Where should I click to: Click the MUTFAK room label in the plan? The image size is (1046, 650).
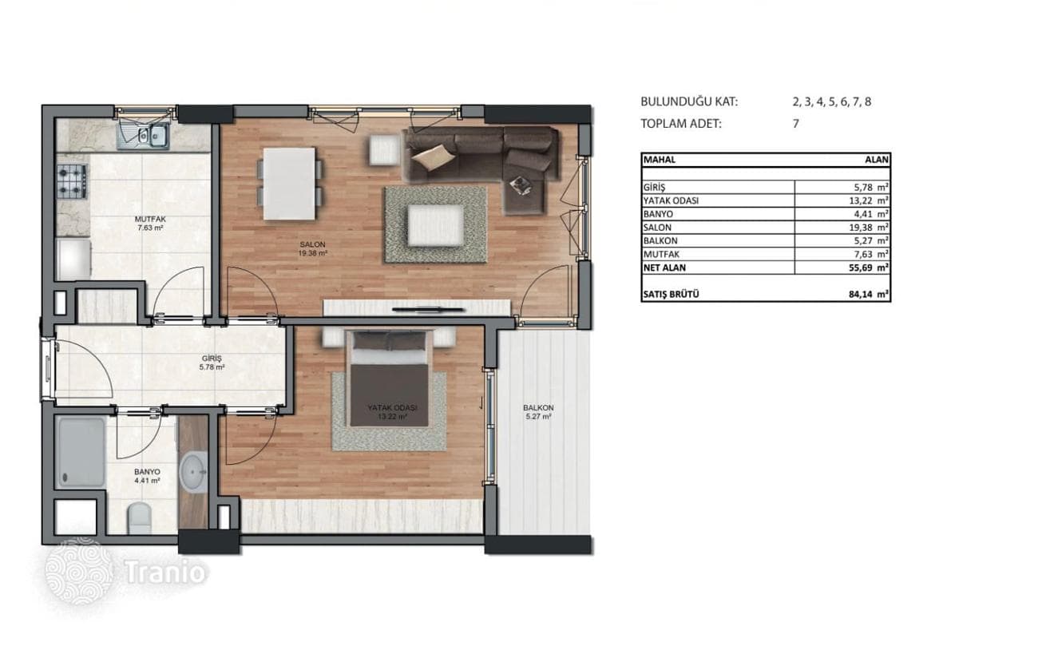coord(150,219)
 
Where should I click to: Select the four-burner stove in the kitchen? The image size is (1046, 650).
coord(72,181)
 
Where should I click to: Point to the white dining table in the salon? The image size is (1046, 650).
coord(289,184)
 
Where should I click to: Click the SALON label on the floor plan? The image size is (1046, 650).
coord(312,244)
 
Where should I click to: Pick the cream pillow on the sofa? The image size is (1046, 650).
coord(434,157)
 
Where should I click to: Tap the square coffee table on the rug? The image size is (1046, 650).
coord(436,225)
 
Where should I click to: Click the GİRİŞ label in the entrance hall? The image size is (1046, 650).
coord(212,359)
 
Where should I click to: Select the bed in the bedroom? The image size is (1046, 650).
coord(389,379)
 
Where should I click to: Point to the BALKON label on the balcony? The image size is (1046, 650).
coord(538,408)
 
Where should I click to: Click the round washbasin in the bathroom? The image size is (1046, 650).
coord(193,471)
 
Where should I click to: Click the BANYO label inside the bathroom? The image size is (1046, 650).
coord(147,472)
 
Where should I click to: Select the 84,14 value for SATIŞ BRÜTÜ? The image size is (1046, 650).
coord(861,295)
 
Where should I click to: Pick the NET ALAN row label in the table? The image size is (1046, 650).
coord(664,268)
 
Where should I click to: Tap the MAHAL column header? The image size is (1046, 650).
coord(660,160)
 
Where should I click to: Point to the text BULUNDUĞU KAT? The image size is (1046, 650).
coord(689,101)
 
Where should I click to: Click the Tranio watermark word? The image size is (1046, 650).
coord(165,573)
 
